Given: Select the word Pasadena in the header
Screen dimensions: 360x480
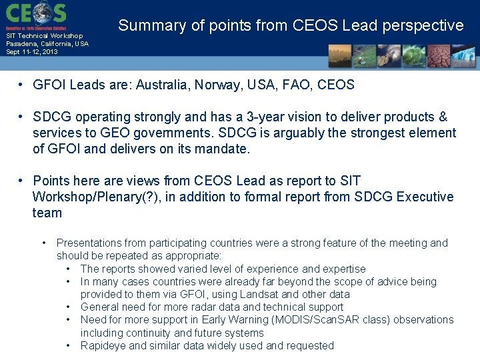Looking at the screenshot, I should click(20, 43).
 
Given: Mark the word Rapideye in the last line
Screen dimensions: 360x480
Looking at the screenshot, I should click(103, 345).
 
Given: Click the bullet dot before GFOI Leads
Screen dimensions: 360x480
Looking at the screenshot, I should click(22, 85).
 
